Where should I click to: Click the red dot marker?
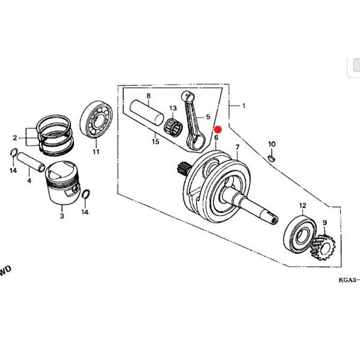[218, 129]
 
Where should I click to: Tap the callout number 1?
[244, 106]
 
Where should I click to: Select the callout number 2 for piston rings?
[14, 137]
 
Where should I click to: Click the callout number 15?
[155, 142]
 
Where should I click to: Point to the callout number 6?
[216, 137]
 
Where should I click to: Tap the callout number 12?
[303, 205]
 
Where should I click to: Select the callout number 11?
[95, 152]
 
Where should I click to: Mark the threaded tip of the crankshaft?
[272, 218]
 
